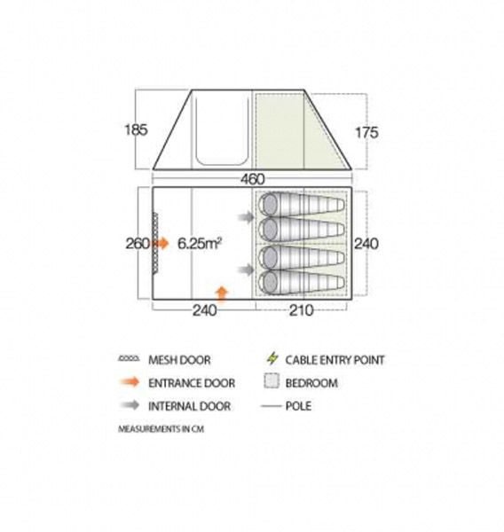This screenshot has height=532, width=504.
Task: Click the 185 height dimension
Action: coord(136,130)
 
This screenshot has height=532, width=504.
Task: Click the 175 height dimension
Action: coord(366,132)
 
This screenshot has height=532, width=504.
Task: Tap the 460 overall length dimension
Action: coord(252,179)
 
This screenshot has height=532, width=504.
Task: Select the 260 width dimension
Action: coord(138,244)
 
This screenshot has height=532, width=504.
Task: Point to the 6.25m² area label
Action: coord(200,243)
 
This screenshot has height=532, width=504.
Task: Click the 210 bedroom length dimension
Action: coord(301,310)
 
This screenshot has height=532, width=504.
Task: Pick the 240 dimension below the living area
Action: coord(204,310)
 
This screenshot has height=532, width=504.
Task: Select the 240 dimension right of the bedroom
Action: coord(366,244)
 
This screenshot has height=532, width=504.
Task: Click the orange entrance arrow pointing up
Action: coord(222,293)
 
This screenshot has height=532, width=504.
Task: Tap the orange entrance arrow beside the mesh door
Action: coord(162,243)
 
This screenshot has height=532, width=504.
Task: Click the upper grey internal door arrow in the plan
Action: coord(246,217)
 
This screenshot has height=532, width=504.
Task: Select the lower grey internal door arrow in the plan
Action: coord(246,270)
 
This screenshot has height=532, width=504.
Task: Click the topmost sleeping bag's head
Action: coord(269,205)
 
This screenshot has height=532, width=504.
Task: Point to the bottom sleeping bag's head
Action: coord(269,282)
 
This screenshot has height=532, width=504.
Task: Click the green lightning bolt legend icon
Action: coord(272,358)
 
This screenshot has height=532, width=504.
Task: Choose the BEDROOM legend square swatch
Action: coord(271,381)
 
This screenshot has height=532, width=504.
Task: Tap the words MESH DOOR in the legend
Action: coord(179,360)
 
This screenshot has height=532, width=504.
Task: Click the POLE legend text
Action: coord(298,406)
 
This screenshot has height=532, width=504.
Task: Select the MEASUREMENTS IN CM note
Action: coord(161,429)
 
